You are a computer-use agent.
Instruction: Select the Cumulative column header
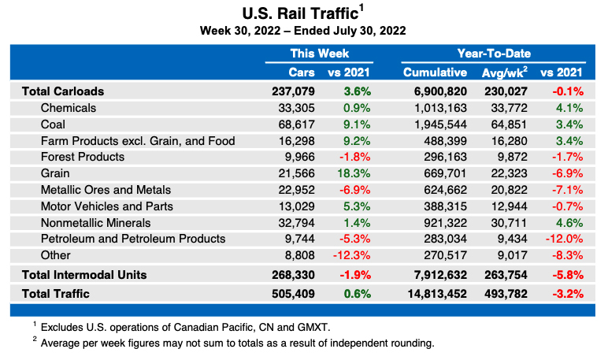click(436, 72)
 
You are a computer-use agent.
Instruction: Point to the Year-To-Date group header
click(494, 54)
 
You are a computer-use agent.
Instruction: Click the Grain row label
click(55, 173)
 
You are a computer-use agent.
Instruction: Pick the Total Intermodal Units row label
click(84, 275)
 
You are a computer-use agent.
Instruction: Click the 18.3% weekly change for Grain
click(355, 173)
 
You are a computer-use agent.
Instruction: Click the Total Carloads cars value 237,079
click(293, 91)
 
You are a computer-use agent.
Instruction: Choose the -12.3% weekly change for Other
click(352, 255)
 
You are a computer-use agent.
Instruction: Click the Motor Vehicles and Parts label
click(106, 206)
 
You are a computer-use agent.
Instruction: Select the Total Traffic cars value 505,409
click(293, 294)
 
